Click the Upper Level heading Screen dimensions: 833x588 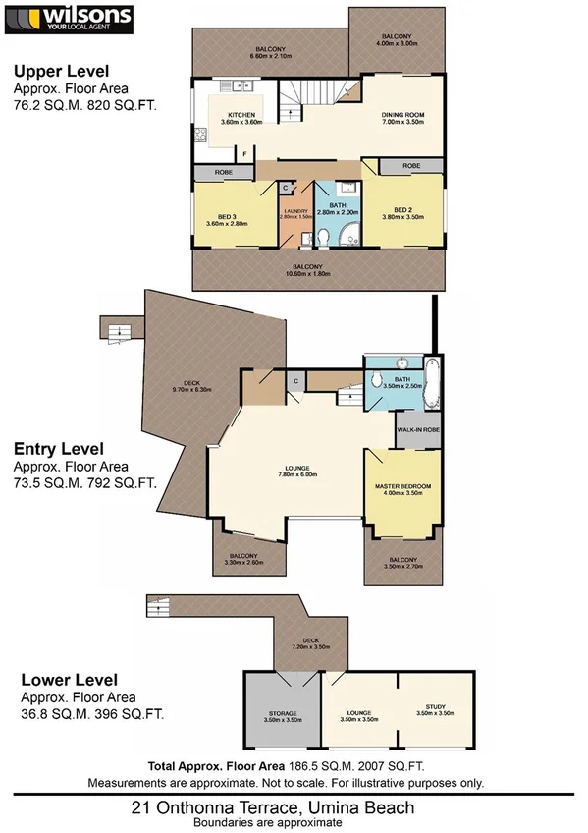(x=61, y=71)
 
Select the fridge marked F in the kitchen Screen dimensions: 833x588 (x=243, y=155)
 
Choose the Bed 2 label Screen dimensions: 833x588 (x=403, y=212)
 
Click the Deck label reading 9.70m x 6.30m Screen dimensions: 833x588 (x=200, y=386)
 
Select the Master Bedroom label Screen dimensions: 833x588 (x=403, y=489)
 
